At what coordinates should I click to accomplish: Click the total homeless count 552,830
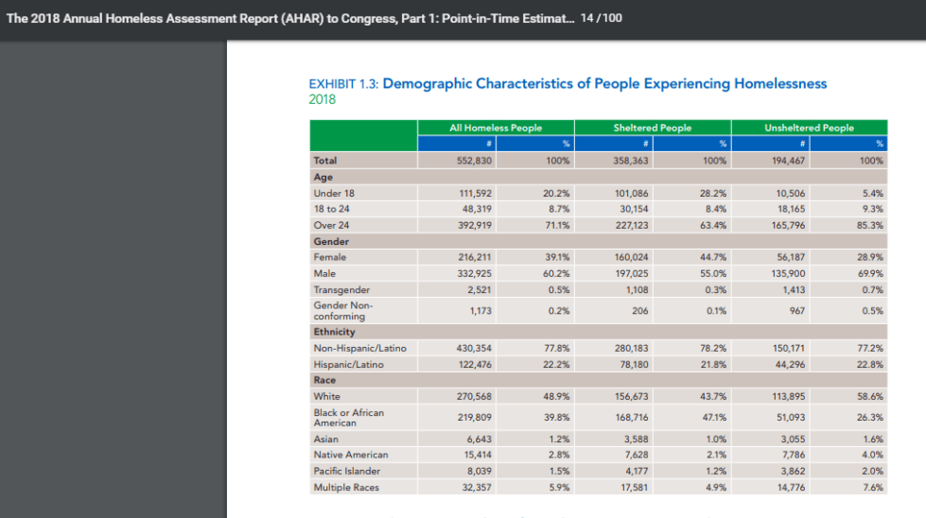tap(474, 161)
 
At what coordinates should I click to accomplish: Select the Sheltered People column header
tap(652, 128)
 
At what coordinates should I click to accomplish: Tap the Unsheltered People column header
tap(809, 128)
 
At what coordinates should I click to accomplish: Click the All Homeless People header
tap(496, 128)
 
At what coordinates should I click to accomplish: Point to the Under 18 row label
tap(334, 193)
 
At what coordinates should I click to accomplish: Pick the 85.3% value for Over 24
tap(870, 225)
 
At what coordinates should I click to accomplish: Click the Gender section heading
tap(331, 241)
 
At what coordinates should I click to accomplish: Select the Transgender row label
tap(341, 289)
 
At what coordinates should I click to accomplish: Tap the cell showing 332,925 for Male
tap(474, 274)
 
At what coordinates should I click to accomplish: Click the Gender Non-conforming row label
tap(343, 310)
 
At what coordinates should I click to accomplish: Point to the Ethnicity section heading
tap(334, 332)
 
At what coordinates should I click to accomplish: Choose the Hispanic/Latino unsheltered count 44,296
tap(789, 365)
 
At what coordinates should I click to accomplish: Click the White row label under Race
tap(326, 396)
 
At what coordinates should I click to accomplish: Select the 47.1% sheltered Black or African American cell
tap(714, 417)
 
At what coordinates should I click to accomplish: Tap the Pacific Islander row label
tap(347, 471)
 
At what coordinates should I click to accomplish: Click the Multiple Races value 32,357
tap(476, 488)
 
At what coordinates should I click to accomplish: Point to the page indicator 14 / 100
tap(602, 18)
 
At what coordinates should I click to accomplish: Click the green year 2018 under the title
tap(322, 99)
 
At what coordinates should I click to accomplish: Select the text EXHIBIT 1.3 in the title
tap(343, 84)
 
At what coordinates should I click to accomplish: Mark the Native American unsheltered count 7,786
tap(794, 455)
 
